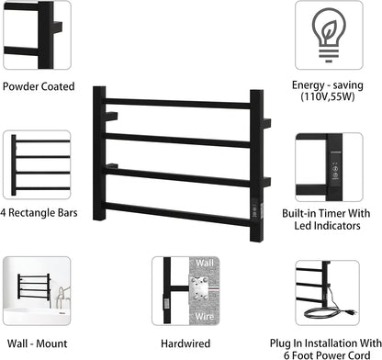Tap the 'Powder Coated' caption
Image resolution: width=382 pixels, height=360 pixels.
(38, 87)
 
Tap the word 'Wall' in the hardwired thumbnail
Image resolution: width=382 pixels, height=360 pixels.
(206, 264)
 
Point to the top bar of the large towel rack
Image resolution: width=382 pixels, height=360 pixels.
(184, 104)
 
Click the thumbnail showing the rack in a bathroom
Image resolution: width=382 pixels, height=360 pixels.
(36, 287)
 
